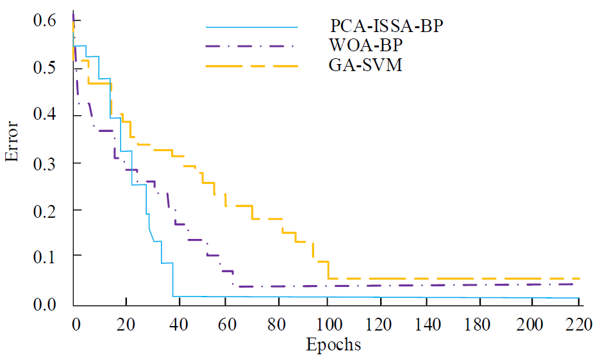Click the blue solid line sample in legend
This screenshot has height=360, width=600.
pos(252,27)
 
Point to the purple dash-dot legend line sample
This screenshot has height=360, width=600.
pos(252,46)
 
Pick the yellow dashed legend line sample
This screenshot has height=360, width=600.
pos(252,65)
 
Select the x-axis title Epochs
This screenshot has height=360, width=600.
pos(333,345)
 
